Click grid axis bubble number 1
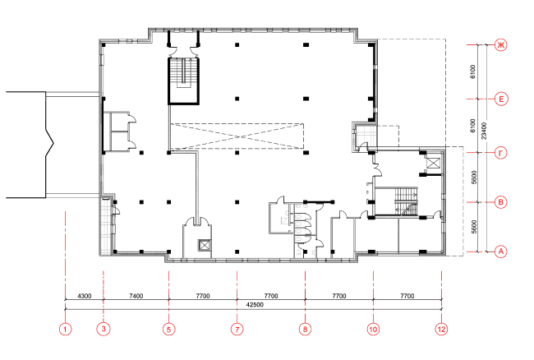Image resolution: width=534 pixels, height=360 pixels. click(x=66, y=330)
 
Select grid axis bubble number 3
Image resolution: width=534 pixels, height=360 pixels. click(x=104, y=329)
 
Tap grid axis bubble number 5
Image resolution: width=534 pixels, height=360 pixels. click(x=169, y=330)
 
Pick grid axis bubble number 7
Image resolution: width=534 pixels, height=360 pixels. click(x=237, y=330)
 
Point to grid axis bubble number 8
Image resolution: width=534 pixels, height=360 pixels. click(x=305, y=330)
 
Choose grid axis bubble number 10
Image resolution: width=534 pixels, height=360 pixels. click(x=373, y=330)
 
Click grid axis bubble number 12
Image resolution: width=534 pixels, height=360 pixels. click(x=441, y=330)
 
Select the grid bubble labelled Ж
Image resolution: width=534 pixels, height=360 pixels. click(x=500, y=45)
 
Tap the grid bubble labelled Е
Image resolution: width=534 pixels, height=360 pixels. click(x=501, y=99)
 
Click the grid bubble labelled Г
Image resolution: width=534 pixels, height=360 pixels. click(x=500, y=153)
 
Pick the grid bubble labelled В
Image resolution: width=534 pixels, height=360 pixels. click(x=500, y=202)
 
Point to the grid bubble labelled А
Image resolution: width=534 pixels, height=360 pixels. click(x=500, y=252)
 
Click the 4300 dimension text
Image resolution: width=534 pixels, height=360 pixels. click(x=85, y=296)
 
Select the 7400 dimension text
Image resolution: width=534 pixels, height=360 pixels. click(x=136, y=296)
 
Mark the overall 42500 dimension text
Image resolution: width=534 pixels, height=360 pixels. click(x=255, y=305)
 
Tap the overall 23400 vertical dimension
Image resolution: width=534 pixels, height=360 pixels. click(x=484, y=132)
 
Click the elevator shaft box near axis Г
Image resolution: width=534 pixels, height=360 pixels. click(x=433, y=163)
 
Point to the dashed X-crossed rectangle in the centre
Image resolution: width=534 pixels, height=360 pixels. click(x=237, y=136)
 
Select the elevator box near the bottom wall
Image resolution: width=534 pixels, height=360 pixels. click(x=205, y=245)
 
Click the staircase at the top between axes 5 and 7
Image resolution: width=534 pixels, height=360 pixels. click(x=183, y=81)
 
